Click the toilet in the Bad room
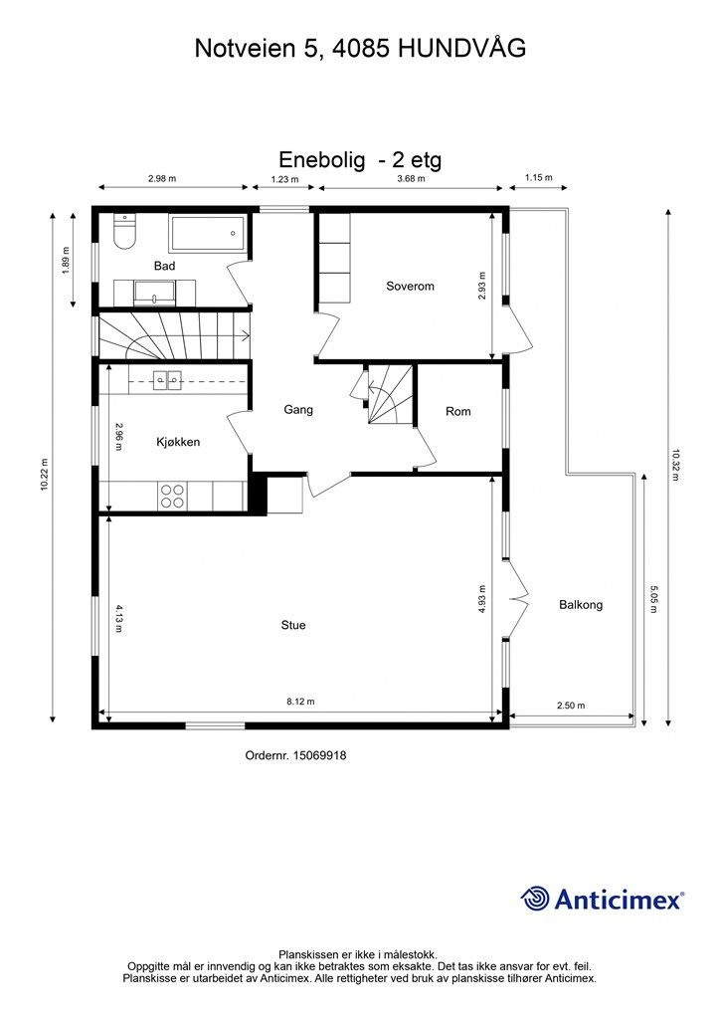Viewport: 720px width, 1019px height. pyautogui.click(x=123, y=232)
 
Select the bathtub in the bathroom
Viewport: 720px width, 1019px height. pyautogui.click(x=208, y=233)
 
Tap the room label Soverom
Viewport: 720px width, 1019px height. pyautogui.click(x=410, y=286)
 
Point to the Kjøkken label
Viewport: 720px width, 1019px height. pyautogui.click(x=178, y=442)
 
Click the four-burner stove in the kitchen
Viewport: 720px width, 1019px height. pyautogui.click(x=173, y=496)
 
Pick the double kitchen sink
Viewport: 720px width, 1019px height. pyautogui.click(x=167, y=380)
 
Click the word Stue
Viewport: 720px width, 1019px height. pyautogui.click(x=292, y=625)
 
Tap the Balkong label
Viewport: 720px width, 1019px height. pyautogui.click(x=581, y=605)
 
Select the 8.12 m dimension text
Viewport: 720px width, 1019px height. pyautogui.click(x=300, y=702)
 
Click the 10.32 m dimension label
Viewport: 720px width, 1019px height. pyautogui.click(x=675, y=464)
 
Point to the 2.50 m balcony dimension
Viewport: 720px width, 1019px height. pyautogui.click(x=571, y=706)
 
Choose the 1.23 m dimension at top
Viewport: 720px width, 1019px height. pyautogui.click(x=284, y=179)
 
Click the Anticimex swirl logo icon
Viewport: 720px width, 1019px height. pyautogui.click(x=535, y=899)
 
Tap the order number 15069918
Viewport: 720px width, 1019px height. pyautogui.click(x=319, y=755)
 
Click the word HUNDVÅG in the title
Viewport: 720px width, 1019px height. pyautogui.click(x=461, y=48)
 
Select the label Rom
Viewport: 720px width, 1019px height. pyautogui.click(x=457, y=411)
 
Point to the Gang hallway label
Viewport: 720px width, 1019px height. pyautogui.click(x=298, y=409)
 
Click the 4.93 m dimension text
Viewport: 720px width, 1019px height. pyautogui.click(x=481, y=600)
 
